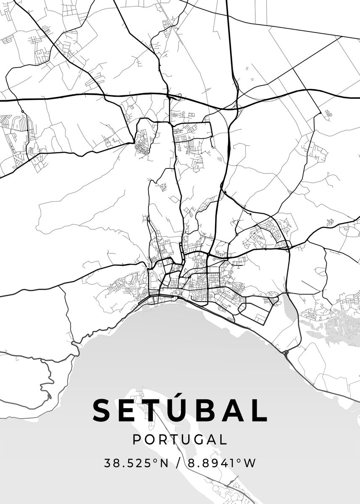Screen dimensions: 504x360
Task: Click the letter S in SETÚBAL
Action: (x=102, y=410)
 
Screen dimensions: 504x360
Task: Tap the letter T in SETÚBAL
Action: (x=156, y=410)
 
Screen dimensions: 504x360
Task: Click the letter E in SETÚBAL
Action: (x=129, y=410)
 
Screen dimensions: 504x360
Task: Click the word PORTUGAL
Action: (x=180, y=440)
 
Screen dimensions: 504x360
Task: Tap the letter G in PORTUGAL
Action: (x=196, y=440)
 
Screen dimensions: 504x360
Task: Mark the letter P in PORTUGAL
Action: (x=137, y=440)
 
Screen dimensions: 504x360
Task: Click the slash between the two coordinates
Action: (x=179, y=463)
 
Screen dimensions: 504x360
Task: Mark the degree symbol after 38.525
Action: (x=155, y=460)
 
